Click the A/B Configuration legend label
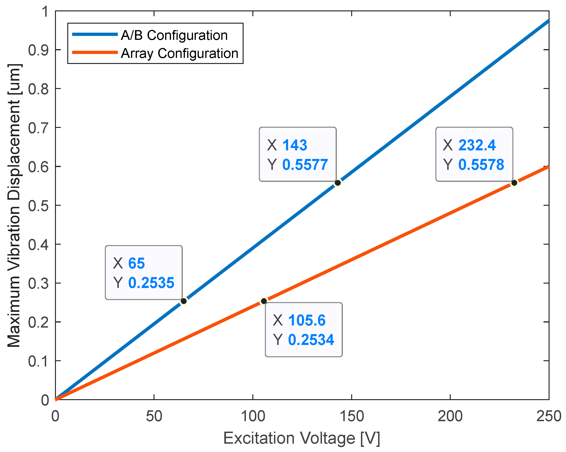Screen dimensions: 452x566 click(x=174, y=35)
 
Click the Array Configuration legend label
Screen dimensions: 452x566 click(x=180, y=53)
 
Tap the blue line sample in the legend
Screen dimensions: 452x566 click(x=95, y=34)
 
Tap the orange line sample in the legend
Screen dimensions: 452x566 click(x=95, y=52)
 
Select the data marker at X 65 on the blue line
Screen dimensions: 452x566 click(x=184, y=301)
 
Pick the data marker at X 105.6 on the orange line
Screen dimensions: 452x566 click(x=264, y=301)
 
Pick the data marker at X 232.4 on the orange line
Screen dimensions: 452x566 click(x=514, y=183)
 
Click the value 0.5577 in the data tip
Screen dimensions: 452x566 click(x=305, y=165)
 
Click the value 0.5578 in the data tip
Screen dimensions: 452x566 click(x=481, y=165)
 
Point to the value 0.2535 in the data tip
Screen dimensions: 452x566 click(x=151, y=283)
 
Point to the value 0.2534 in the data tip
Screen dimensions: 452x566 click(x=311, y=340)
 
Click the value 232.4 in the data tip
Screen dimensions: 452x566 click(x=477, y=145)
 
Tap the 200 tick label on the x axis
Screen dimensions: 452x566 click(x=450, y=416)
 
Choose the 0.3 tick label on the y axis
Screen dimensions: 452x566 click(x=38, y=284)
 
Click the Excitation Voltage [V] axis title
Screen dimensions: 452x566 click(x=302, y=438)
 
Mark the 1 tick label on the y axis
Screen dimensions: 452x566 click(x=45, y=12)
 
